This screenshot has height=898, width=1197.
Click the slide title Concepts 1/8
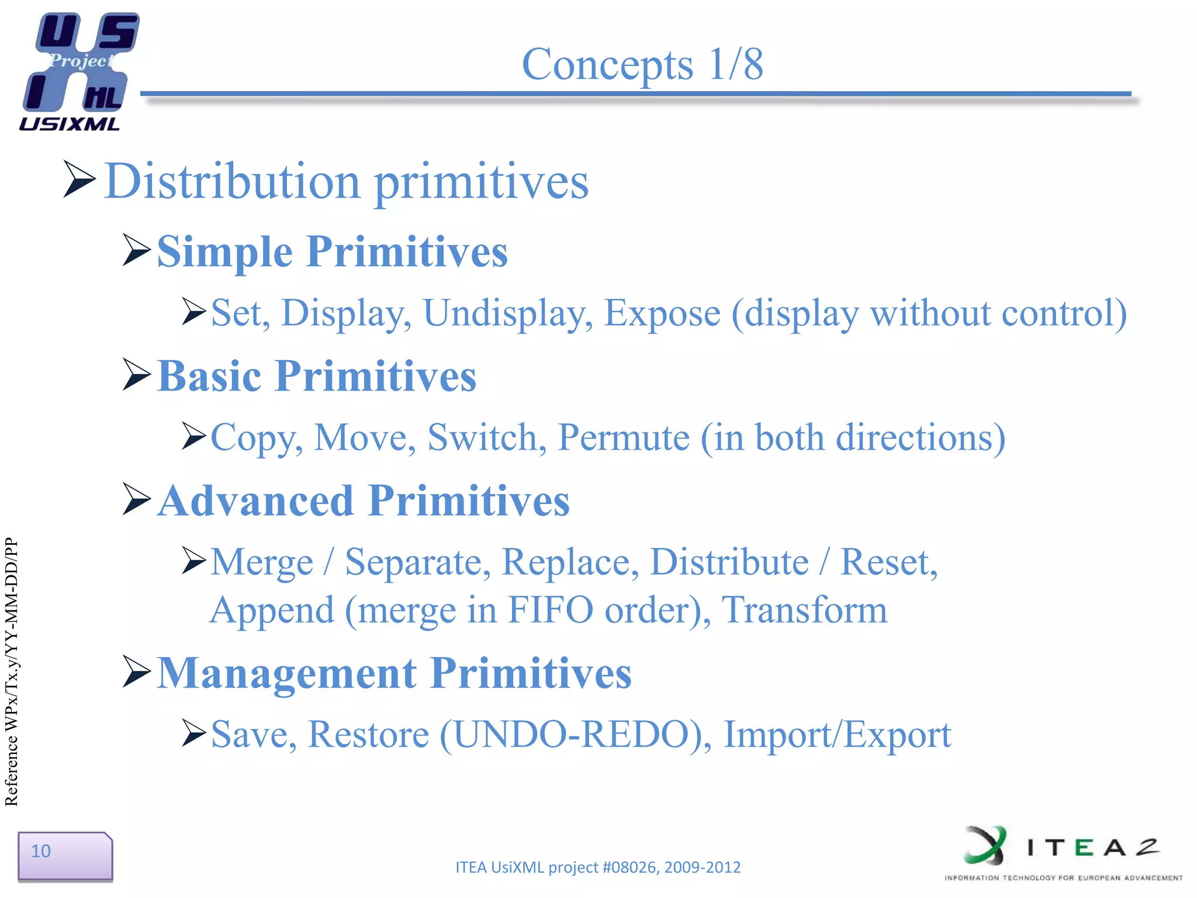click(x=642, y=64)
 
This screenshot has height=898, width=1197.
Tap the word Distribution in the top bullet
click(x=232, y=181)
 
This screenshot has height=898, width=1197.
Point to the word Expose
click(x=662, y=313)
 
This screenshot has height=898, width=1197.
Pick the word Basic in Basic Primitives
click(x=209, y=376)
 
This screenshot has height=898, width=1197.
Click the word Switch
click(x=487, y=437)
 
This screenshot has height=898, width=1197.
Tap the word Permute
click(x=624, y=437)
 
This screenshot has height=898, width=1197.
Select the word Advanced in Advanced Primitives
click(x=256, y=501)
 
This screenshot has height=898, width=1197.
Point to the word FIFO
click(x=550, y=610)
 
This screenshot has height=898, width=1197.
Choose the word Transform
click(x=804, y=610)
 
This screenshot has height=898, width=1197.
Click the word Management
click(x=287, y=673)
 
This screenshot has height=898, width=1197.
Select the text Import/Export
click(x=837, y=734)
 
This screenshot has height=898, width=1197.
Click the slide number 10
click(x=41, y=851)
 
